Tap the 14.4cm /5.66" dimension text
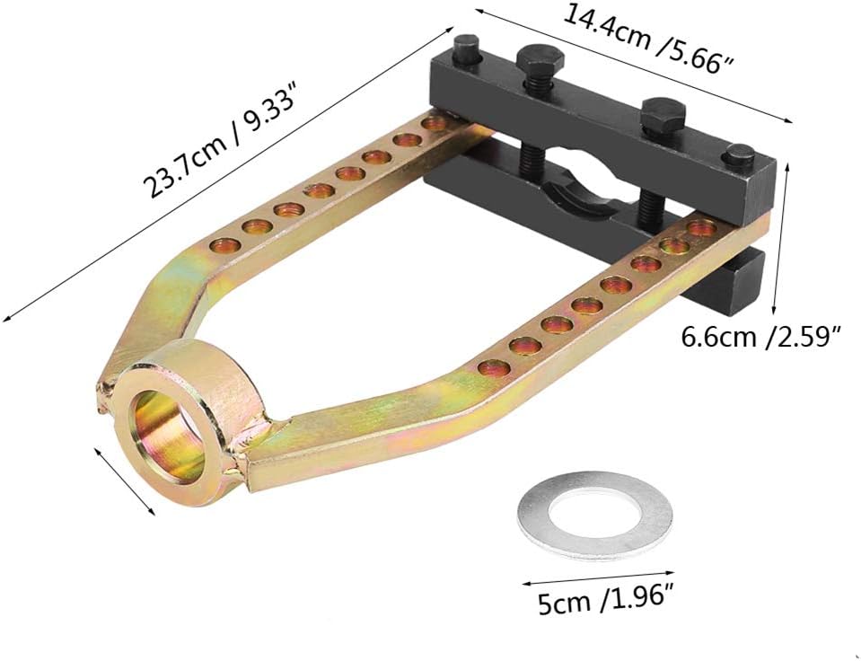pos(648,39)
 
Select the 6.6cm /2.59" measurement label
pos(761,336)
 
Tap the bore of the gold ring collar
pos(163,436)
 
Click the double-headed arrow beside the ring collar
pos(124,480)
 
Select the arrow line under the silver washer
pos(597,577)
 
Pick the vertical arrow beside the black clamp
pos(781,240)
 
